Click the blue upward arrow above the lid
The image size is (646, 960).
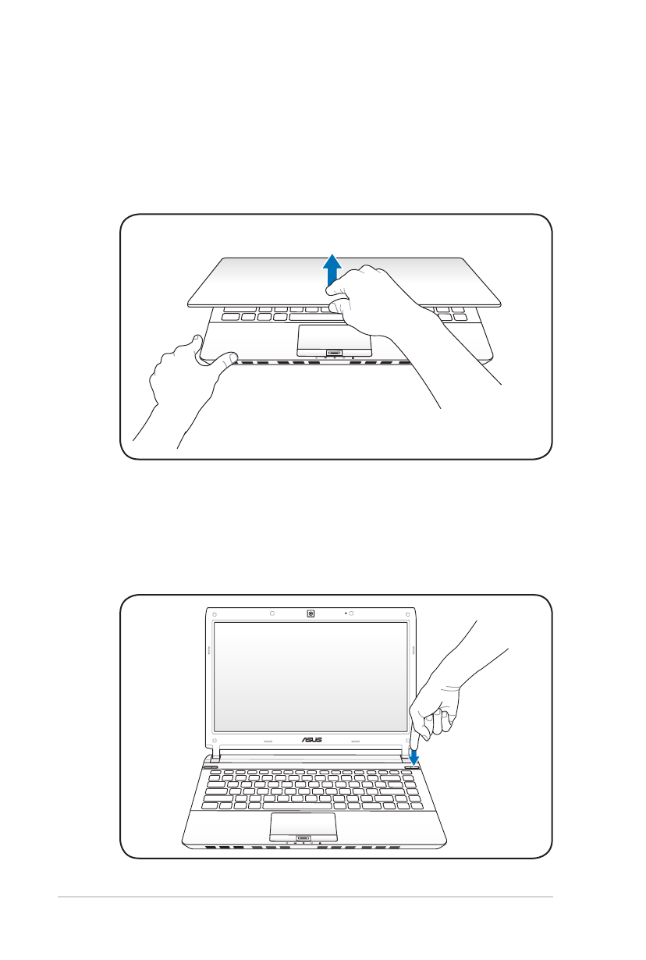332,269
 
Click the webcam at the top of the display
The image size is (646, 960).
311,613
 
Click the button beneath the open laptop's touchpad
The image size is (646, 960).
303,840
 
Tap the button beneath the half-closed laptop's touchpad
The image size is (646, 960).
334,354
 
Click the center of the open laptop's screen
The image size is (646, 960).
311,677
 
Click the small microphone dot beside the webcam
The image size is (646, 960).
345,613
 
